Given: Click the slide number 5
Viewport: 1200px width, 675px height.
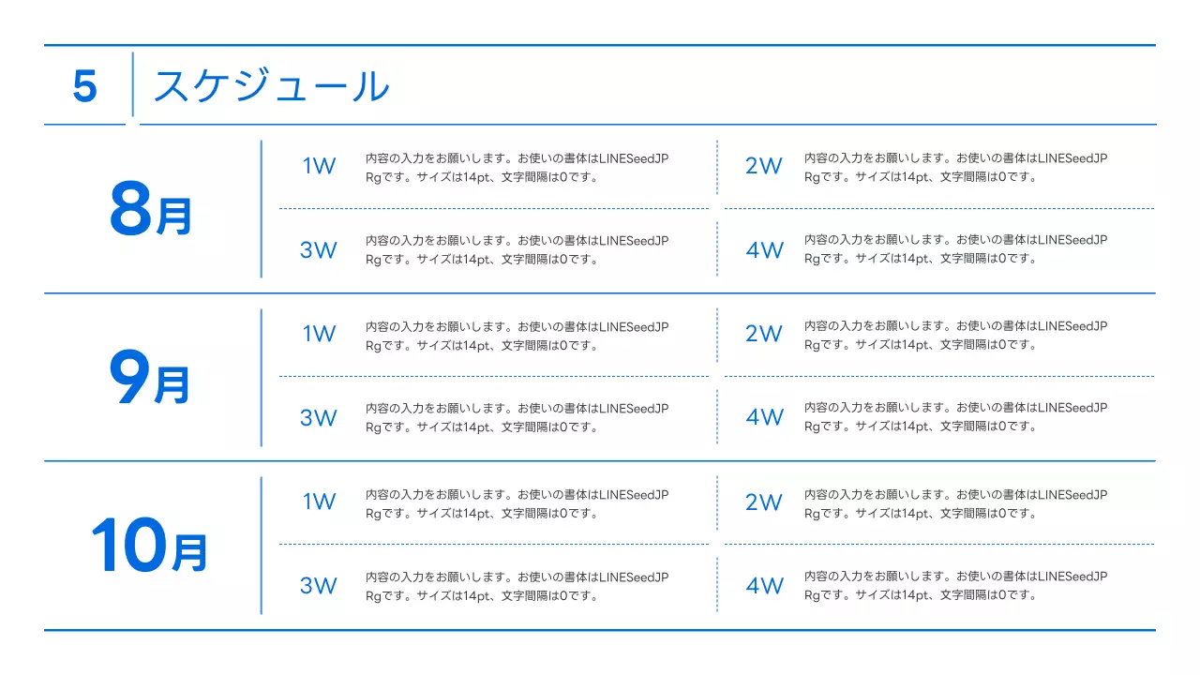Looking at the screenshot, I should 84,87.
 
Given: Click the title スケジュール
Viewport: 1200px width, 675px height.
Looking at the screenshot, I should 270,86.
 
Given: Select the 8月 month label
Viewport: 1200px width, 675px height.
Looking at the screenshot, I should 150,211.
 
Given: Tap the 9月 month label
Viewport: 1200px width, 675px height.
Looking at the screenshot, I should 150,380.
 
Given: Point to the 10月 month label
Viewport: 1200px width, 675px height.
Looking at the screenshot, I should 148,547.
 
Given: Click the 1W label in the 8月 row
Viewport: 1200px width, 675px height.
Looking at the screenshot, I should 319,167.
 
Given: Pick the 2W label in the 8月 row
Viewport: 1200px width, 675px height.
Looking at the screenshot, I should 763,167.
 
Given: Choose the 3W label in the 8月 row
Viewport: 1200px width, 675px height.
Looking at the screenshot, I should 319,250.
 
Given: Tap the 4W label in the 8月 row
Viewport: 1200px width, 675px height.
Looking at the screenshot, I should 764,250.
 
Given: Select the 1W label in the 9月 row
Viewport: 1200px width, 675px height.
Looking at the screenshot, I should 319,335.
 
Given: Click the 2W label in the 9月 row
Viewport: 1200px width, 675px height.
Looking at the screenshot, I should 763,334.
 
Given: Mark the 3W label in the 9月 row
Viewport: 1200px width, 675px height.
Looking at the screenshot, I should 319,418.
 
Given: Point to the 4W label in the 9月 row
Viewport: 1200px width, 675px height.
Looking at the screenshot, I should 764,417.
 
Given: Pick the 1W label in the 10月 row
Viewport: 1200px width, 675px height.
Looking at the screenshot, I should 319,502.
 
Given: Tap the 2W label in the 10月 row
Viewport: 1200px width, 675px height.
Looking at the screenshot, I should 763,502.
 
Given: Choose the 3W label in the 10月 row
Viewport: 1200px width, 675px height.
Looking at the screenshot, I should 319,586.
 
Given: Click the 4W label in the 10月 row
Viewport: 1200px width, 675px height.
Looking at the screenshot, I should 764,586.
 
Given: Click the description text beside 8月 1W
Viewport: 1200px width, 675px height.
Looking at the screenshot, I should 517,168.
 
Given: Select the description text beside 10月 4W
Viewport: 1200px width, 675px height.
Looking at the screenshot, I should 956,585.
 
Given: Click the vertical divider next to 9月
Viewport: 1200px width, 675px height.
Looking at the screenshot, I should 261,378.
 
